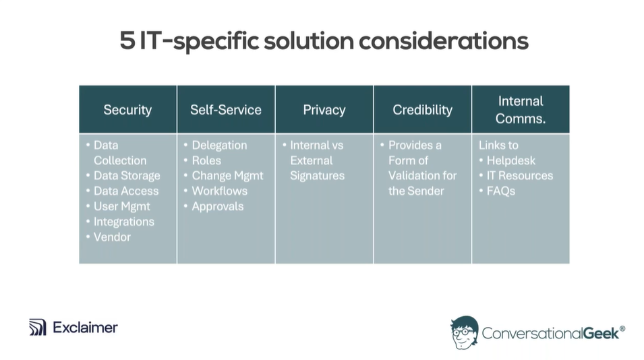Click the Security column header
pyautogui.click(x=127, y=110)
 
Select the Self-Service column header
pyautogui.click(x=226, y=110)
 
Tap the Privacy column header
pyautogui.click(x=324, y=110)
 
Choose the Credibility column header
pyautogui.click(x=422, y=110)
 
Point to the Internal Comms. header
pyautogui.click(x=521, y=110)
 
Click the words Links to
pyautogui.click(x=498, y=146)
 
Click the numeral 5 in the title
pyautogui.click(x=127, y=40)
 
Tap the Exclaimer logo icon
pyautogui.click(x=37, y=327)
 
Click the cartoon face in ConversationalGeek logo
pyautogui.click(x=465, y=332)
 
